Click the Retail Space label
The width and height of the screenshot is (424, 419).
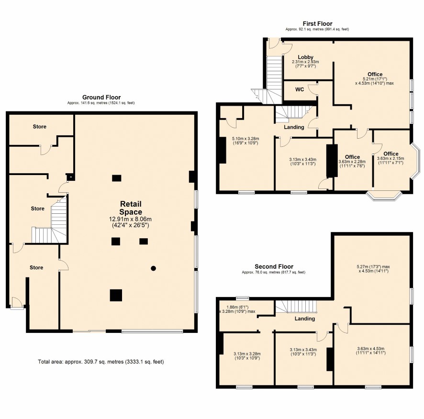point(131,208)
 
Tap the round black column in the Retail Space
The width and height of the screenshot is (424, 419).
point(153,268)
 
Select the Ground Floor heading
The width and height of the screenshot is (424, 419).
point(101,97)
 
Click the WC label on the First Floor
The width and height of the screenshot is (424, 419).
point(300,89)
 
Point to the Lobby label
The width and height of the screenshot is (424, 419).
point(306,57)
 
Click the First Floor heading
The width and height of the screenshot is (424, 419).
point(317,23)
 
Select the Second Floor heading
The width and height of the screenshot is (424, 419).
point(274,266)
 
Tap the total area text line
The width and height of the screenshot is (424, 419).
point(101,362)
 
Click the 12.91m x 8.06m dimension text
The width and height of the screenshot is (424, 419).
point(130,219)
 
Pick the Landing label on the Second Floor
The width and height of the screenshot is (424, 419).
point(305,319)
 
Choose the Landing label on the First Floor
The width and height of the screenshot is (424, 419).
point(294,127)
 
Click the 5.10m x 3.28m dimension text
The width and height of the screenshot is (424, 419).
point(245,139)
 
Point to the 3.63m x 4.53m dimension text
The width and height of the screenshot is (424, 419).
point(371,349)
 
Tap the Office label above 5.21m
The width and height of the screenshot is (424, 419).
point(375,74)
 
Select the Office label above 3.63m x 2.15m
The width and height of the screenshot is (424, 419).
point(391,154)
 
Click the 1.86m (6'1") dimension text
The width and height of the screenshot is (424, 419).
point(237,307)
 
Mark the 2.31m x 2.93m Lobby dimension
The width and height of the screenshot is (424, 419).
point(305,62)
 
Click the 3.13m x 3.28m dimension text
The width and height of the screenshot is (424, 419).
point(247,354)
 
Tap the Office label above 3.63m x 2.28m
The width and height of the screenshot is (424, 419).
point(352,157)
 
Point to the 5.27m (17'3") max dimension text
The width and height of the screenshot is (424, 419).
point(373,267)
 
